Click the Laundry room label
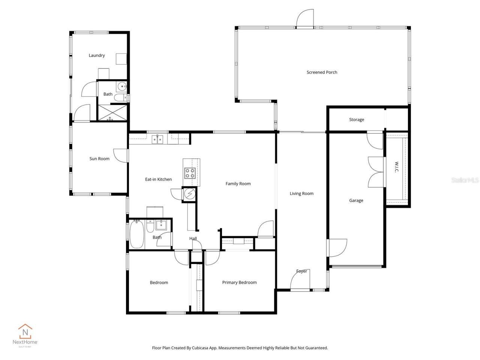96,55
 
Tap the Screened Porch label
322,72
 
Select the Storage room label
356,120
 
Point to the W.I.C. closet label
396,167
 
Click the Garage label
356,201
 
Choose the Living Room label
301,194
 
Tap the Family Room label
238,184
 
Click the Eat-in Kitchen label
158,180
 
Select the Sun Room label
99,159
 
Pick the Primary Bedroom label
239,283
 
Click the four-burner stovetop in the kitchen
190,173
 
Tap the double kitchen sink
157,140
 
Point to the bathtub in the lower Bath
137,235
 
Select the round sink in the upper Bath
121,87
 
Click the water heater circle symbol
189,194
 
